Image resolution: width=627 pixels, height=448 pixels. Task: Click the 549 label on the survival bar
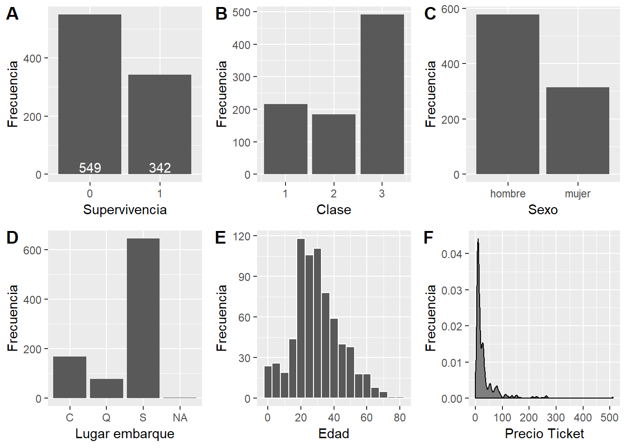click(x=90, y=168)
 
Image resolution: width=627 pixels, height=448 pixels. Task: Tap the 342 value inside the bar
click(x=160, y=168)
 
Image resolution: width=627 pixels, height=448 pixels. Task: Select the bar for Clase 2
click(x=334, y=144)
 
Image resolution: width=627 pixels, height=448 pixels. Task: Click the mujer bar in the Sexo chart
click(x=578, y=131)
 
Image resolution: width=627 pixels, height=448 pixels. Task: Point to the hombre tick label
click(x=508, y=194)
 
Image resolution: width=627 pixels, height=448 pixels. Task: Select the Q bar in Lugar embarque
click(x=106, y=388)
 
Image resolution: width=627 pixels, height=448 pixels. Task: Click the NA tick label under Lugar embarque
click(x=180, y=418)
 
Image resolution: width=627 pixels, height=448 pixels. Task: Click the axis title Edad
click(x=334, y=434)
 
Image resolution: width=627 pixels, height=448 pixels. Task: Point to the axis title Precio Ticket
click(x=544, y=434)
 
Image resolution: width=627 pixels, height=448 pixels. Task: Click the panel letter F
click(x=428, y=238)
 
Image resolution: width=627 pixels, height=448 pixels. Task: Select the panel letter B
click(x=221, y=14)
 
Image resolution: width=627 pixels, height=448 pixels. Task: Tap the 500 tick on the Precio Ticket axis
click(x=609, y=418)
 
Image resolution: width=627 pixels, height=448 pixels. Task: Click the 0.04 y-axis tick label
click(x=452, y=254)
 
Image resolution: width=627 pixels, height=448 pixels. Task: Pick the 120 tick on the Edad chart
click(x=242, y=236)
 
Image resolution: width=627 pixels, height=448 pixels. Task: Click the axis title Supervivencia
click(x=125, y=210)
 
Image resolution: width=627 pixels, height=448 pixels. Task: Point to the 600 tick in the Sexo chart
click(x=450, y=9)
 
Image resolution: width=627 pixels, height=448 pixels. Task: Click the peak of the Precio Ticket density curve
click(x=478, y=240)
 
